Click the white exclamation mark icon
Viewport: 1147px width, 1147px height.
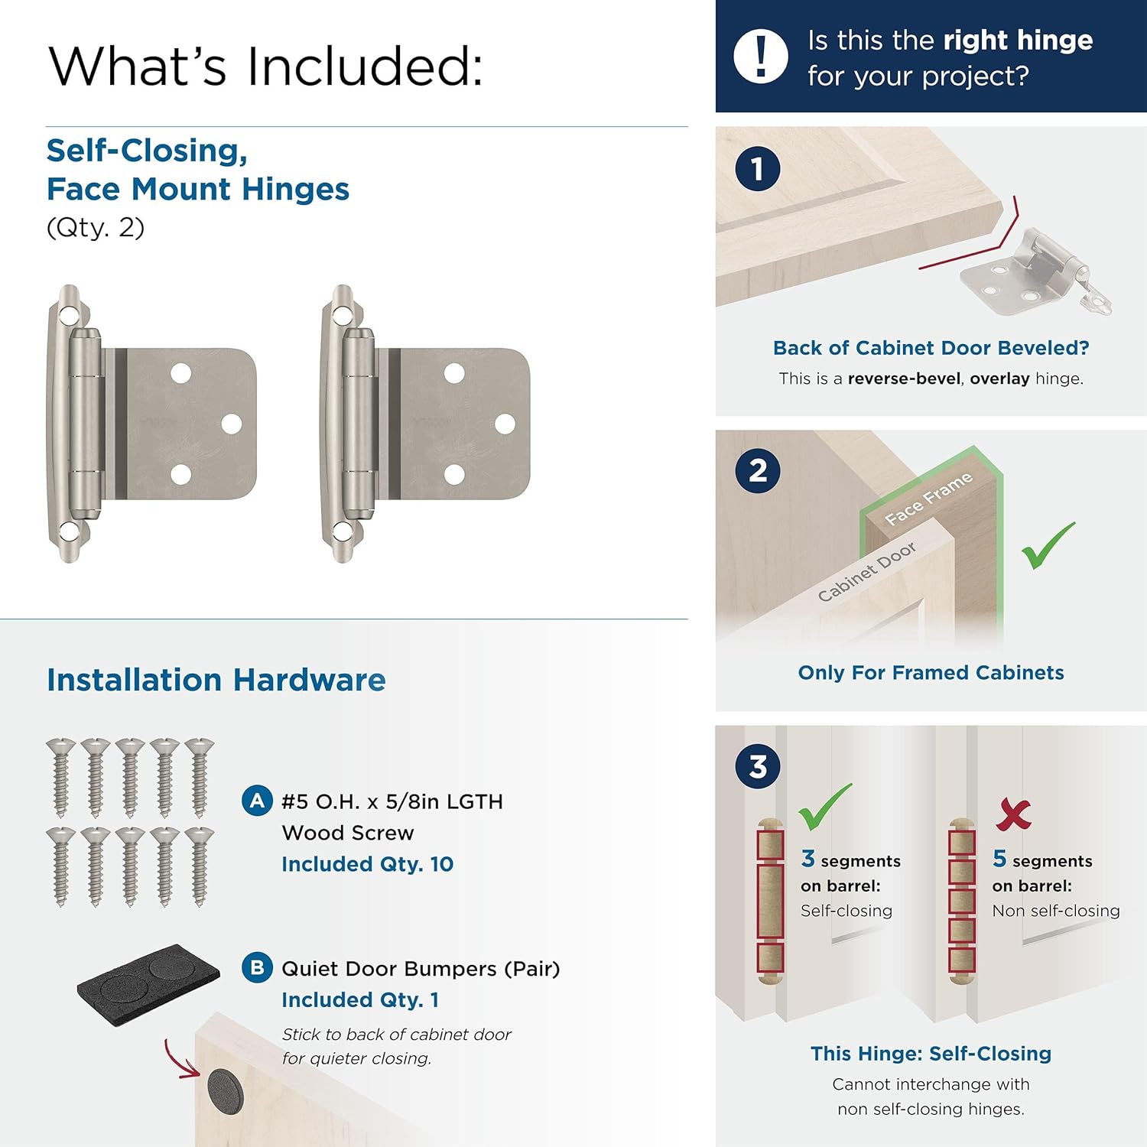[x=760, y=57]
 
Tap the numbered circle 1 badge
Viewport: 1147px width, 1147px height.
[x=757, y=169]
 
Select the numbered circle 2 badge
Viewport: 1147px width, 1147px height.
[x=757, y=470]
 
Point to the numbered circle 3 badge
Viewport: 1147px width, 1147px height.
[x=757, y=766]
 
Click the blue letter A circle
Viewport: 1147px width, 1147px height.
[x=257, y=801]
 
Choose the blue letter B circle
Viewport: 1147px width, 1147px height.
[x=257, y=967]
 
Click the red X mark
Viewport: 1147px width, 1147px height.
[x=1014, y=814]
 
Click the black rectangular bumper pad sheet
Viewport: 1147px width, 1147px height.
[x=148, y=980]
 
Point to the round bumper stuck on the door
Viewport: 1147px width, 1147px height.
[x=225, y=1090]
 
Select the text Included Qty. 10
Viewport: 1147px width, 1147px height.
[x=367, y=864]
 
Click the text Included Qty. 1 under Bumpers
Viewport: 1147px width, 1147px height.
[x=359, y=1000]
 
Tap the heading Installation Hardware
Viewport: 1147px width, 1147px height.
[x=216, y=680]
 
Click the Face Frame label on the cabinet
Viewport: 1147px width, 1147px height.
[x=928, y=499]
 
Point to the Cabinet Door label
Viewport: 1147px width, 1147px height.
[x=866, y=572]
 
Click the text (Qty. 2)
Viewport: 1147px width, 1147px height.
[x=96, y=228]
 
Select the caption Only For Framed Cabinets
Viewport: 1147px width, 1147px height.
[x=931, y=673]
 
